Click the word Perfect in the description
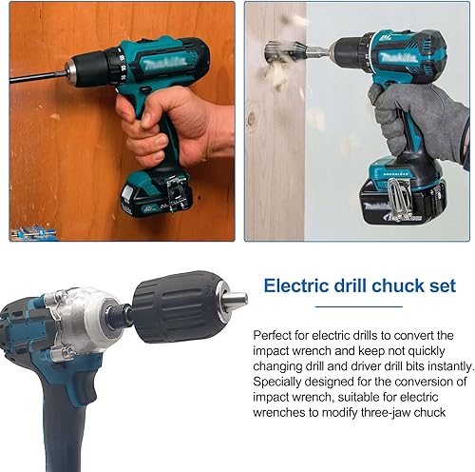pos(272,335)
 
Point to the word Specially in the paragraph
pos(276,383)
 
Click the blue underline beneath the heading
pos(359,306)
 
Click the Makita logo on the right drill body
pos(399,57)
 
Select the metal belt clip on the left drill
pos(175,194)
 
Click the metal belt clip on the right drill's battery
pos(399,200)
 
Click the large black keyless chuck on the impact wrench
pos(179,307)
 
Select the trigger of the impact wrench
pos(85,387)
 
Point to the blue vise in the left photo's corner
pos(33,233)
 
